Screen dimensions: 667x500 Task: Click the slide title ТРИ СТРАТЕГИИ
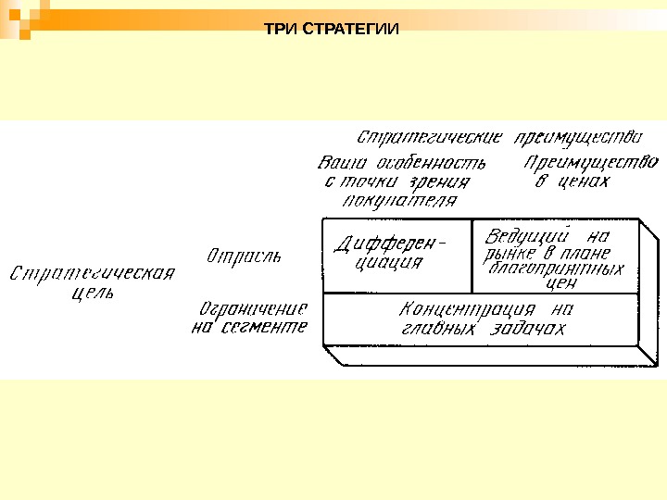(x=333, y=29)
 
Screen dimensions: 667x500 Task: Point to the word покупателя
(x=388, y=199)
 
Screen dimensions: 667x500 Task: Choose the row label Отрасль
(x=245, y=254)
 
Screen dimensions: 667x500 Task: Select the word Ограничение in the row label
(x=253, y=307)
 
